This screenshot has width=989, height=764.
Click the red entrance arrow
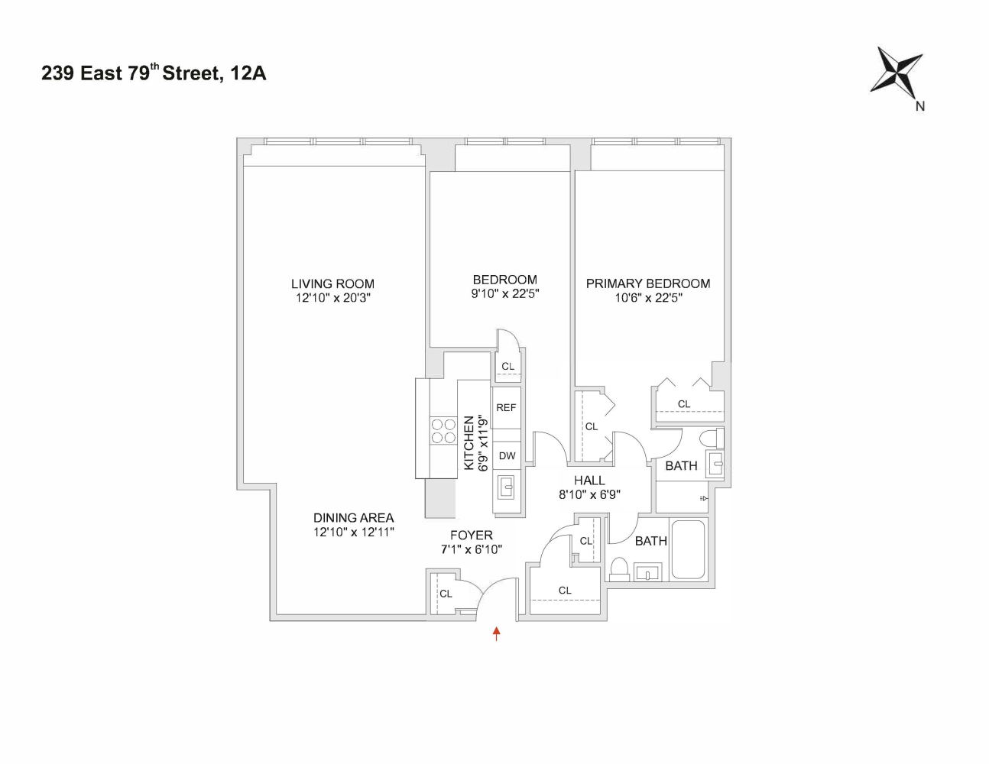[x=497, y=633]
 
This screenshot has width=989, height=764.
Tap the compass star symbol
[x=897, y=73]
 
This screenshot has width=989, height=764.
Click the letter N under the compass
[x=920, y=107]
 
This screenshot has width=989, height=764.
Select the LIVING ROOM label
[x=332, y=283]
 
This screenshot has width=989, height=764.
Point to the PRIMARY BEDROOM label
[x=648, y=283]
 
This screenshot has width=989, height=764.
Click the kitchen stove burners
[x=443, y=431]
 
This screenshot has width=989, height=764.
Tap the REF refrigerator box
[x=506, y=408]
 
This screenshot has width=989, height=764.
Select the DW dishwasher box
[x=507, y=456]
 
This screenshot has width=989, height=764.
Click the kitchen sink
[x=507, y=486]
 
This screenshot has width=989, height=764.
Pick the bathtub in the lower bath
[x=688, y=549]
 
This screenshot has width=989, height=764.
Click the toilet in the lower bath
[x=619, y=569]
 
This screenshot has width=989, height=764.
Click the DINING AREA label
[x=353, y=518]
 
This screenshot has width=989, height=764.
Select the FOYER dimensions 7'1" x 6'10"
[x=472, y=549]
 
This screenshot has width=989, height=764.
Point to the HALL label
[x=589, y=481]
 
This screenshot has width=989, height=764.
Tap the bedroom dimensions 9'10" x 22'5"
[x=504, y=293]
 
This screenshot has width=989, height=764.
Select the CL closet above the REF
[x=508, y=367]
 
